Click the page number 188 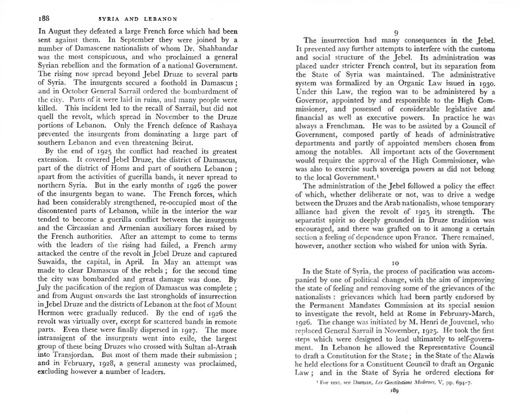[x=44, y=19]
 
